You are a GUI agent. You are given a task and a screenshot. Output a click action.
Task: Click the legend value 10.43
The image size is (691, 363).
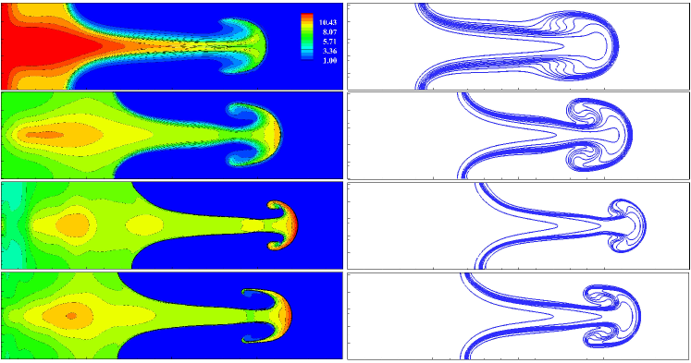pos(326,22)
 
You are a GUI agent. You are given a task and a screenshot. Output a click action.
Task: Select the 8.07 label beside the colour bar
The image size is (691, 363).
pos(327,32)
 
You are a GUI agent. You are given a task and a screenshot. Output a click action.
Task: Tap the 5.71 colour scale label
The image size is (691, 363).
pos(327,42)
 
